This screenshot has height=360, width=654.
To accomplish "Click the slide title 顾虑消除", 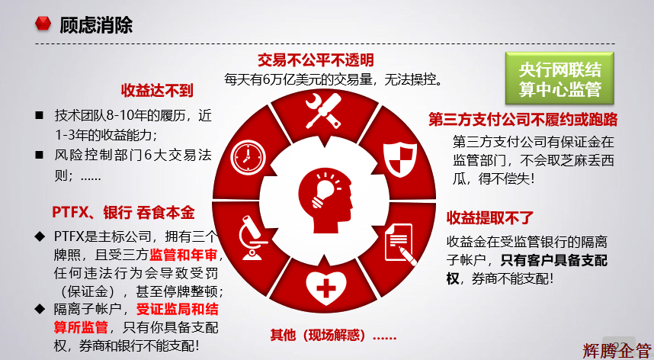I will point(95,25).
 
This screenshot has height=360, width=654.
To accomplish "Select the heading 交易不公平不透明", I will point(316,60).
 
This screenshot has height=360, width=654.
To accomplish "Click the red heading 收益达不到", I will point(153,90).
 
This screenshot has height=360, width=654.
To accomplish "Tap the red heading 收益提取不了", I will point(490,218).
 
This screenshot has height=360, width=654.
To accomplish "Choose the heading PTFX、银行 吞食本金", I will point(123,211).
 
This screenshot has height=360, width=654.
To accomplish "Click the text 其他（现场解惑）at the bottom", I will point(333,336).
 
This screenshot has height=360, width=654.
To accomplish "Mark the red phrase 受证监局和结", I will point(178,310).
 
